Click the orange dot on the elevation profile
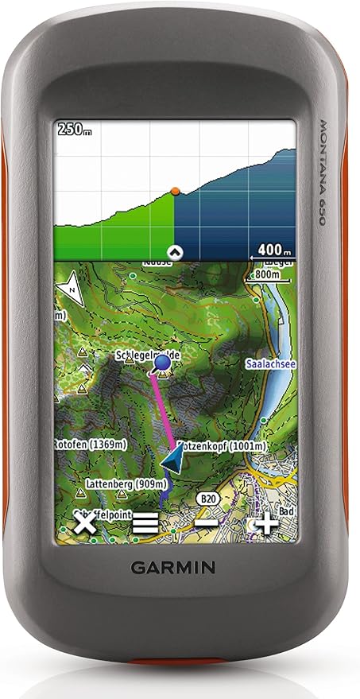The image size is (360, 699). click(x=175, y=191)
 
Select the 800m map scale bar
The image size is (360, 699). click(x=268, y=275)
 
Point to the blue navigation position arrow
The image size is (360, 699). click(x=172, y=460)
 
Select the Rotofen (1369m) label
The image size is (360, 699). click(x=87, y=442)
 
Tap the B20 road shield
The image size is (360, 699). click(x=209, y=498)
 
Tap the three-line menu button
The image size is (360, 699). click(x=145, y=523)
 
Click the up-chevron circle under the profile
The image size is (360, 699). click(x=177, y=252)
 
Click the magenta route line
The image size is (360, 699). click(x=163, y=410)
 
